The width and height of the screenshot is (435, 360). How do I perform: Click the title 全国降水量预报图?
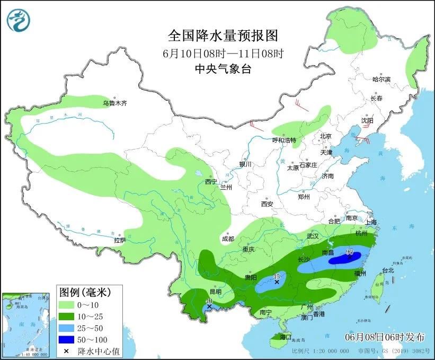pyautogui.click(x=223, y=36)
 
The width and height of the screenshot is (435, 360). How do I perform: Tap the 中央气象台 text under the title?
pyautogui.click(x=223, y=68)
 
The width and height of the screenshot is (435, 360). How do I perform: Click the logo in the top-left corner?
pyautogui.click(x=19, y=20)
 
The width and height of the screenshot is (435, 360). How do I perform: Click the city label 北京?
pyautogui.click(x=325, y=136)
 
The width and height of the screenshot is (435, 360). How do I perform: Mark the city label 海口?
pyautogui.click(x=286, y=337)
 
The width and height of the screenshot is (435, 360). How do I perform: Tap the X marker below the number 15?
pyautogui.click(x=277, y=283)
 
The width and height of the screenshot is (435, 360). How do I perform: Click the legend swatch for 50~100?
pyautogui.click(x=67, y=339)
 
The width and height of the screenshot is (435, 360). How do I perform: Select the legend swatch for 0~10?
pyautogui.click(x=67, y=305)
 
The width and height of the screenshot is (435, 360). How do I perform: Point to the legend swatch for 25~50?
pyautogui.click(x=67, y=328)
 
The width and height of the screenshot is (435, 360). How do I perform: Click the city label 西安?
pyautogui.click(x=266, y=204)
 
